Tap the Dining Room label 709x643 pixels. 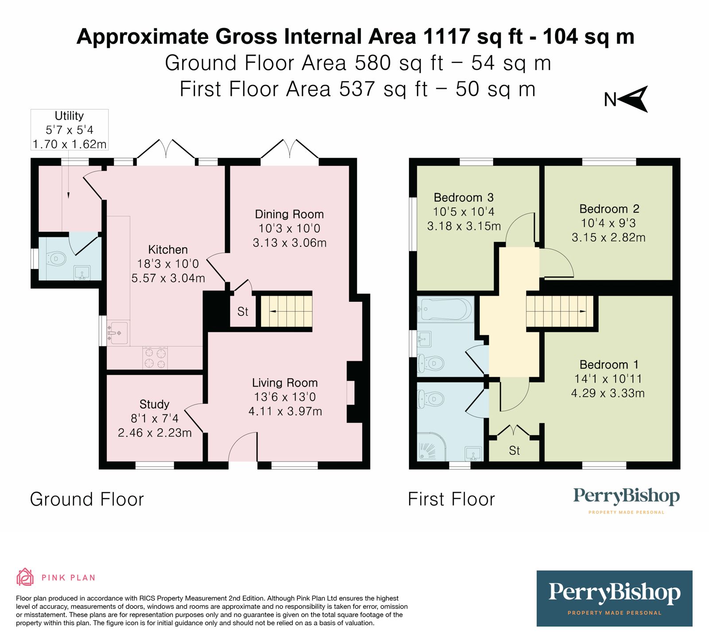tap(289, 214)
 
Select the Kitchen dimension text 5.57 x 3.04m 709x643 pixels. tap(168, 278)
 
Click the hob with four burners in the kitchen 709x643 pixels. tap(155, 358)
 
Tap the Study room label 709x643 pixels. tap(154, 404)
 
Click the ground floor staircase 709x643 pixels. tap(286, 312)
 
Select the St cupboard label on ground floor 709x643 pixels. tap(242, 312)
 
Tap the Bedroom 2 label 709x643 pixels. tap(609, 209)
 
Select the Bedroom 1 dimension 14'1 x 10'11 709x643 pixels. tap(608, 379)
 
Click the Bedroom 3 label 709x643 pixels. tap(464, 198)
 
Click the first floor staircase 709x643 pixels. tap(560, 312)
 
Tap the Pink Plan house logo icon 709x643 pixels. tap(25, 577)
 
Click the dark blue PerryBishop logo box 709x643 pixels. tap(614, 598)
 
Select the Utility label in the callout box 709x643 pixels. tap(69, 116)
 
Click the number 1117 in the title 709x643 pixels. tap(446, 36)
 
